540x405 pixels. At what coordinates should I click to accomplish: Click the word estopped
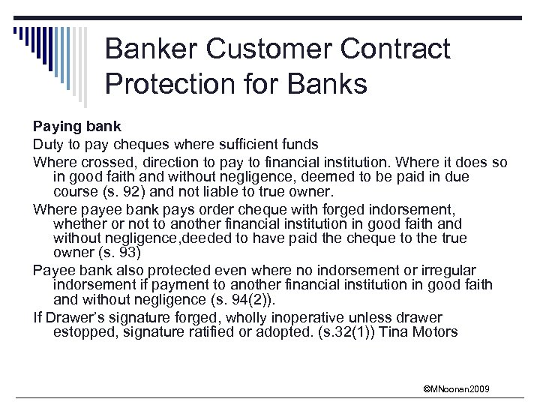point(82,331)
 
